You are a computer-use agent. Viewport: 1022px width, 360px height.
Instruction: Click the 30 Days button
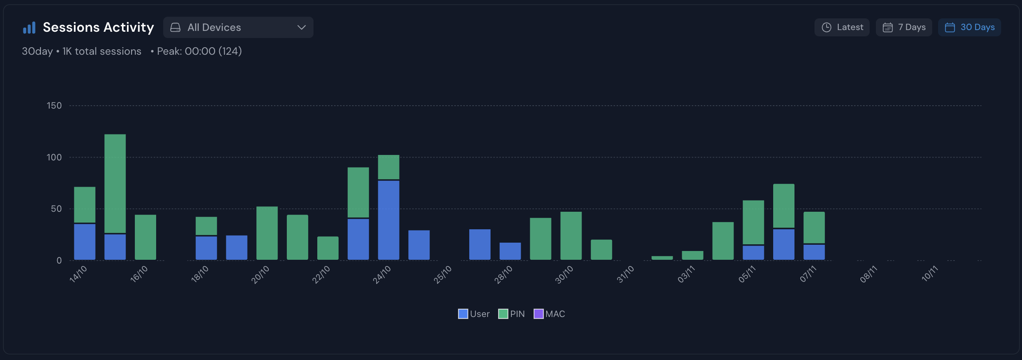click(969, 28)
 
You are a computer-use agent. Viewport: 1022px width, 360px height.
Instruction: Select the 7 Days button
click(904, 28)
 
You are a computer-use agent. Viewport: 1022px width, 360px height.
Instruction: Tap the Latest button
click(842, 28)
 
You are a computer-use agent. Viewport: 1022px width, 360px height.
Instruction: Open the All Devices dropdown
click(238, 28)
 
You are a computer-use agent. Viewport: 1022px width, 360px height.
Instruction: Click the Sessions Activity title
click(98, 28)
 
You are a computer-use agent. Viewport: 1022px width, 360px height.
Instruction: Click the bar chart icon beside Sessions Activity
click(29, 28)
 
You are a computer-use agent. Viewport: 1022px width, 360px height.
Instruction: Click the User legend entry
click(474, 314)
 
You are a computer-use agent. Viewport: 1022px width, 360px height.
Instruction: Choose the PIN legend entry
click(511, 314)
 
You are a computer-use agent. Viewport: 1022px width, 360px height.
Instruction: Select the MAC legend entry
click(549, 314)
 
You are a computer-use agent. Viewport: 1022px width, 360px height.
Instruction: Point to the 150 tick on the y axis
click(54, 106)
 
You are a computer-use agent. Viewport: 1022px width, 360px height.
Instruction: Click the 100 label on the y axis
click(54, 157)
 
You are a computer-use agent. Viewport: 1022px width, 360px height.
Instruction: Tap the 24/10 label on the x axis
click(382, 275)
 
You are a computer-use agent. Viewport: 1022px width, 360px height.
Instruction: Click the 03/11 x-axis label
click(686, 275)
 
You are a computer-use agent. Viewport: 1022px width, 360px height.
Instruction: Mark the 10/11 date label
click(930, 274)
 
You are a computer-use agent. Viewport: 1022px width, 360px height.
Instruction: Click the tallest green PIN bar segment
click(115, 184)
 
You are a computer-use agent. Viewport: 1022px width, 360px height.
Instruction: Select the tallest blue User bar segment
click(389, 220)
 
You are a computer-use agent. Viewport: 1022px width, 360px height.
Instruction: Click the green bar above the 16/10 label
click(145, 237)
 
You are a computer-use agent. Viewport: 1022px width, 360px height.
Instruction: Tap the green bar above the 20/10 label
click(267, 233)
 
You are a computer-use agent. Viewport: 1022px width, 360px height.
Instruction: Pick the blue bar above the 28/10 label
click(510, 251)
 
